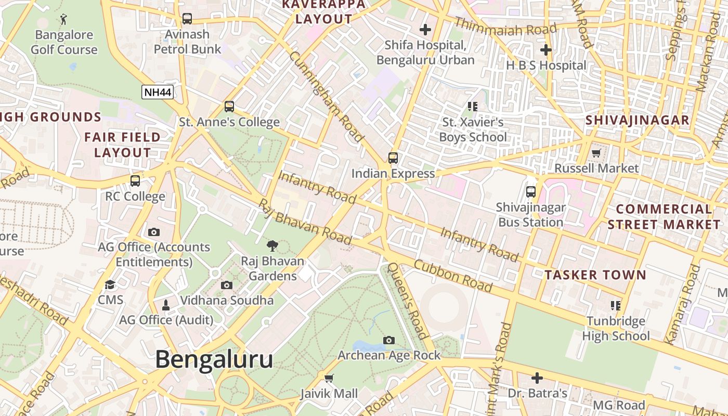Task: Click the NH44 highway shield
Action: [x=158, y=92]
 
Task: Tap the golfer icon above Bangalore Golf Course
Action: [x=63, y=20]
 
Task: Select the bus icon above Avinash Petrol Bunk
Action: [x=187, y=19]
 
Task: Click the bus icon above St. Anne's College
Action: [x=229, y=107]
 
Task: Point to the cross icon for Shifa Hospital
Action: [x=425, y=30]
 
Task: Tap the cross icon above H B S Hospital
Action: [x=545, y=50]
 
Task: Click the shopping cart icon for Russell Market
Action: [x=596, y=153]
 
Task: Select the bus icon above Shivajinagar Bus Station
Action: [x=530, y=192]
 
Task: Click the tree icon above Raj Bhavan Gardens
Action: [x=272, y=245]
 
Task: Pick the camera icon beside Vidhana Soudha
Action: [x=227, y=285]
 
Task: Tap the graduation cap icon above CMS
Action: [x=110, y=284]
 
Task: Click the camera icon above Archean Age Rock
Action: [x=388, y=340]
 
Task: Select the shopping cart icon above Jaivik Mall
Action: [x=329, y=378]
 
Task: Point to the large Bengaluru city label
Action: [x=214, y=359]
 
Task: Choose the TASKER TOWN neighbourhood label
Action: [x=595, y=275]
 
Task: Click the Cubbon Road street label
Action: [x=453, y=276]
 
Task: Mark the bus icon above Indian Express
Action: [x=393, y=158]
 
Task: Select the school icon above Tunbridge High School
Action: [x=616, y=305]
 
